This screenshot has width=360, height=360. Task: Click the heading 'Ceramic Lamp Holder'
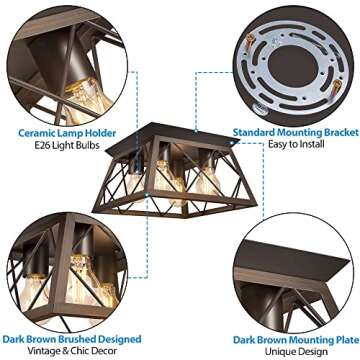[x=63, y=130]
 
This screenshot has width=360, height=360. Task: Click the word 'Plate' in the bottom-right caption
[x=341, y=337]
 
